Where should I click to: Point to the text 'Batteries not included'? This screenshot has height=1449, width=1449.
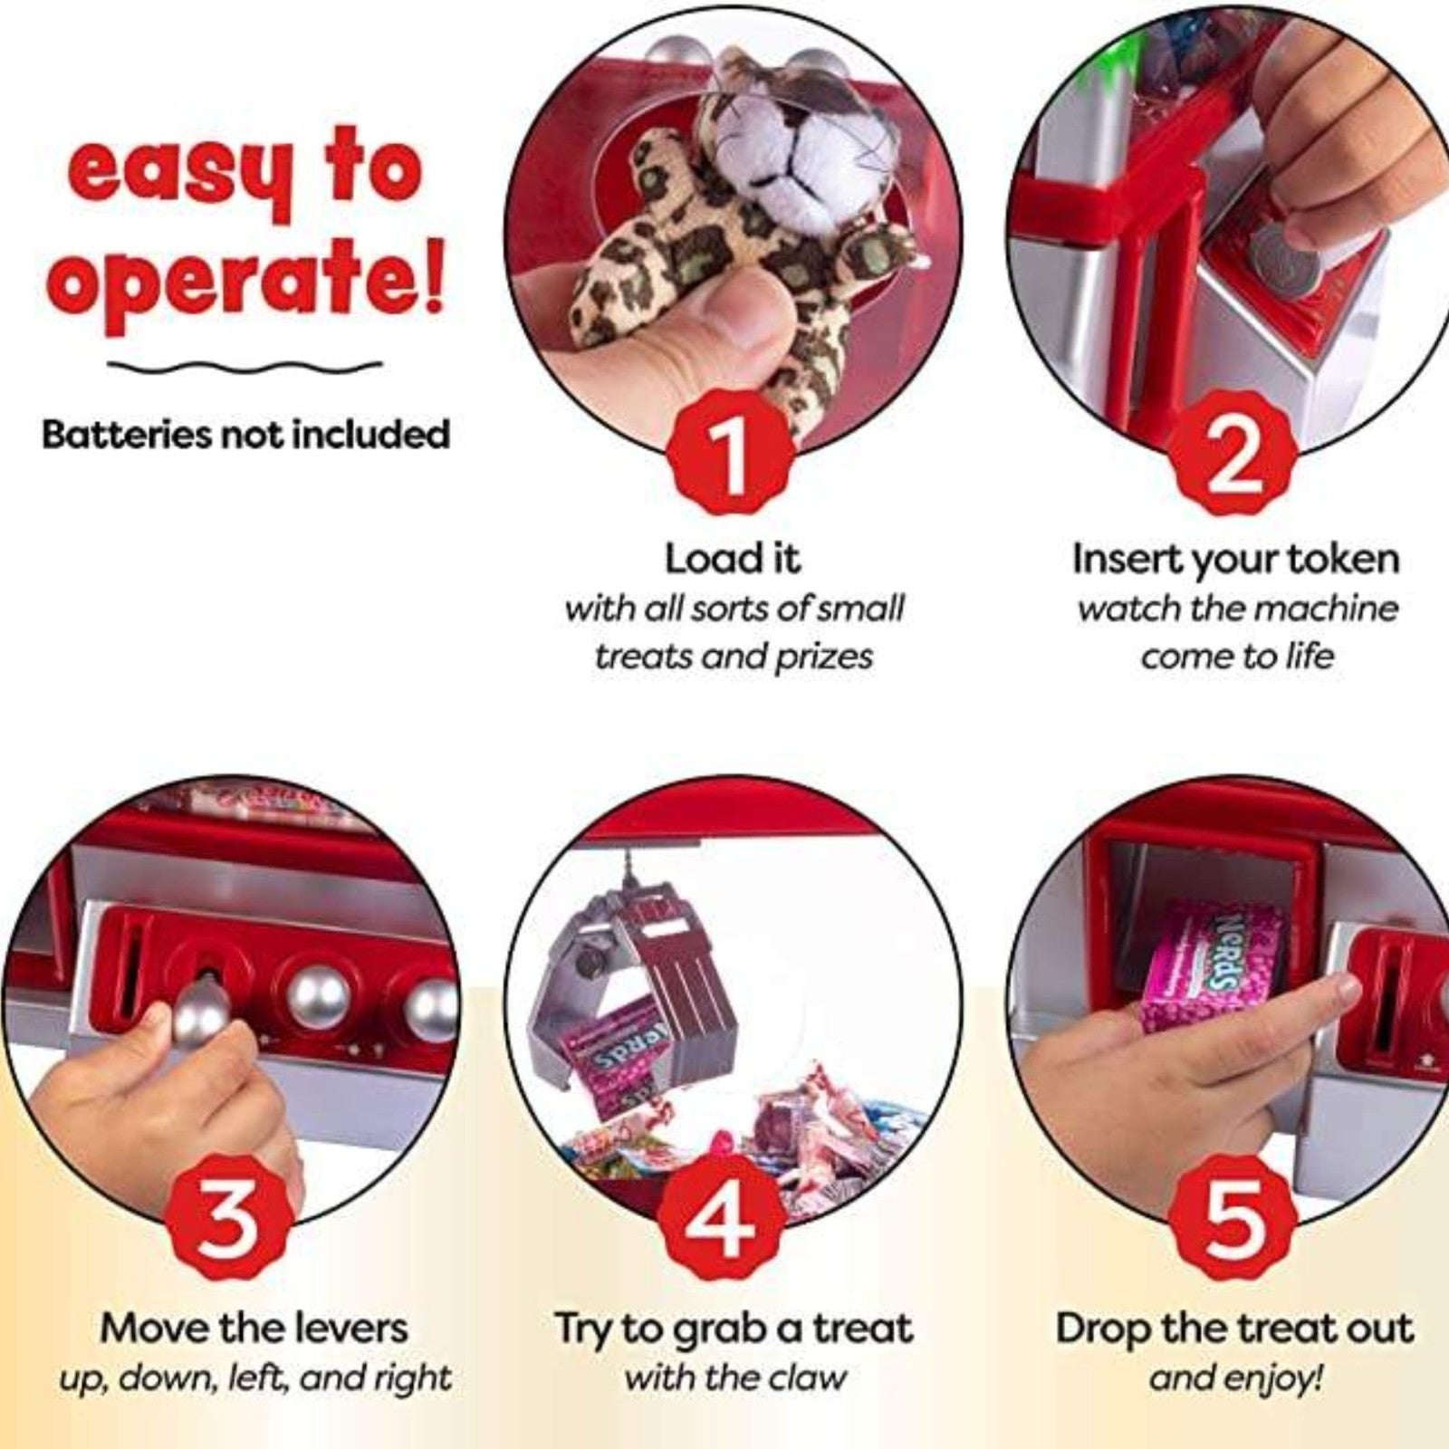(246, 435)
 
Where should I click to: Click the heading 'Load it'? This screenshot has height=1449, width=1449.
(733, 559)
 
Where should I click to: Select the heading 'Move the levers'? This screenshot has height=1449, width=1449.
(254, 1329)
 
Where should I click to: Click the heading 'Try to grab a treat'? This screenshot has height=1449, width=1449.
(734, 1329)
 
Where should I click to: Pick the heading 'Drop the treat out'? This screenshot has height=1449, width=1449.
(1234, 1329)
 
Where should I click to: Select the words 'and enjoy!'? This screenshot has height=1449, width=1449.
(1235, 1378)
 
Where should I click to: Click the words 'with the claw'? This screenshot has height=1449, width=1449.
(734, 1378)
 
